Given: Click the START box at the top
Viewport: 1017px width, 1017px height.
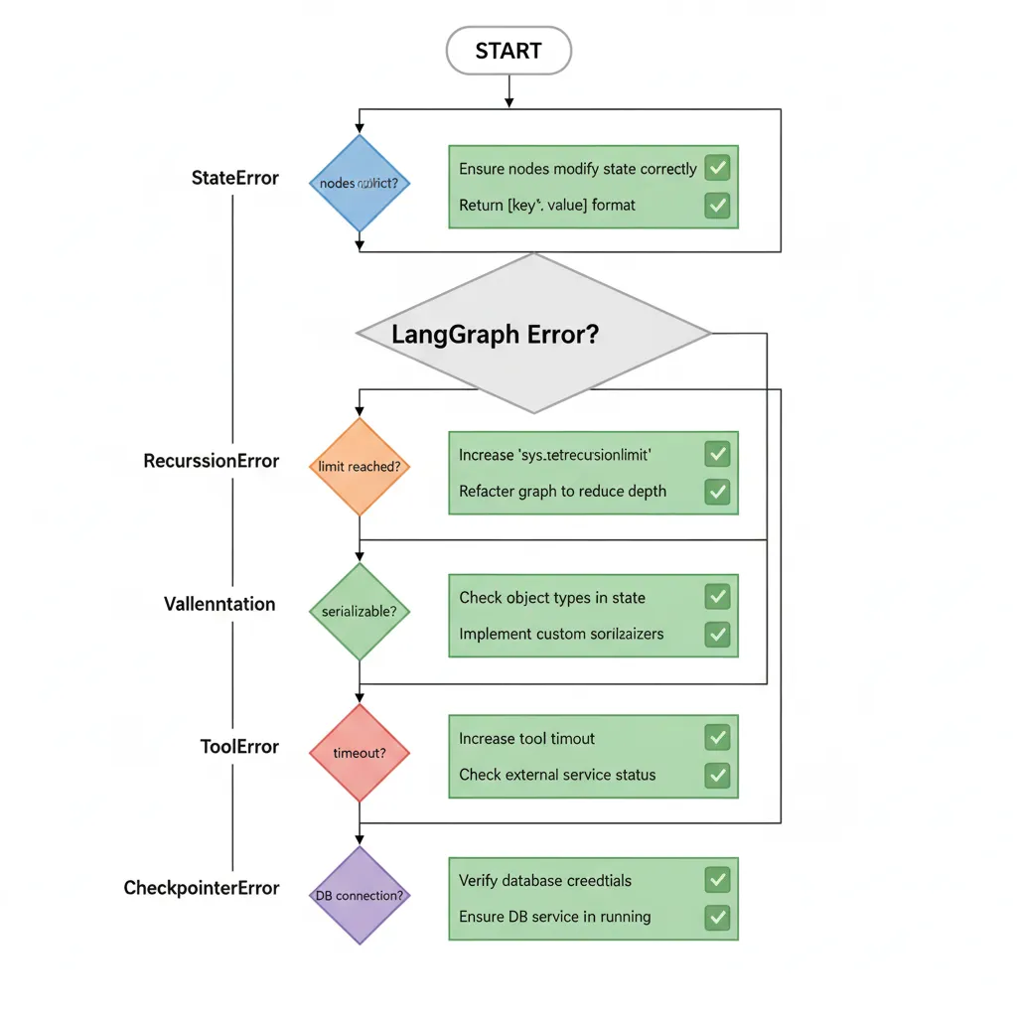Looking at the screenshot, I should (508, 51).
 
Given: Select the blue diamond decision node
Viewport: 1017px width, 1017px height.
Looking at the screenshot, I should (359, 184).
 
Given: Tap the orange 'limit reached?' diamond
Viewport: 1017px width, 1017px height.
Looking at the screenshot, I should (359, 466).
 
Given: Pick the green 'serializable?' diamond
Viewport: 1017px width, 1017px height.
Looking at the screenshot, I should (359, 612).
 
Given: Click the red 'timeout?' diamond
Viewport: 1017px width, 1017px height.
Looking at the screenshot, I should (359, 753).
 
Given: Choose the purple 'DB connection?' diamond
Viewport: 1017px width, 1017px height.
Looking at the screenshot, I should (359, 895).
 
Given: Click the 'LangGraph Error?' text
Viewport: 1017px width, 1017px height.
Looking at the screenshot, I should (495, 334).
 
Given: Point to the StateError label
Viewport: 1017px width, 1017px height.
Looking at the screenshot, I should (234, 179).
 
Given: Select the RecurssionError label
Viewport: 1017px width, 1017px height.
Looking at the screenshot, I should (212, 461).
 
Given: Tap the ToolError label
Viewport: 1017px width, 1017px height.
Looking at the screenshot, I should (238, 747).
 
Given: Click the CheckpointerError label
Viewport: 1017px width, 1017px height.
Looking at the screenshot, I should (202, 888).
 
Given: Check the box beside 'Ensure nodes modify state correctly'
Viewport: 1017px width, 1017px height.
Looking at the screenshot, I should (717, 168).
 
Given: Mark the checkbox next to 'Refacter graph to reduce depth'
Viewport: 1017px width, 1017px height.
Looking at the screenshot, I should (717, 491).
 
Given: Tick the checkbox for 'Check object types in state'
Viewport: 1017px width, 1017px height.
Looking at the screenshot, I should (717, 597).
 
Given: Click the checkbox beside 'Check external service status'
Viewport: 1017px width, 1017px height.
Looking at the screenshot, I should (717, 775).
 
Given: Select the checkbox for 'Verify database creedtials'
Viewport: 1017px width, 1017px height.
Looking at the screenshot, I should (717, 880).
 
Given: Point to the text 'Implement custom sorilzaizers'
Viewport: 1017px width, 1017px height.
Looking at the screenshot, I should (561, 634).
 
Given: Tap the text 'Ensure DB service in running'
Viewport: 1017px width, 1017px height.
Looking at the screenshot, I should (554, 917).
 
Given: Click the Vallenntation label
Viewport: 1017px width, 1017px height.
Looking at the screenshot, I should (219, 604).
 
